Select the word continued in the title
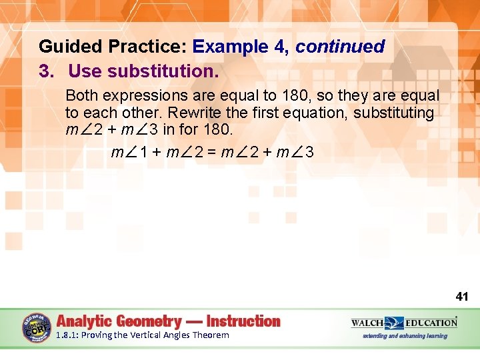[x=340, y=47]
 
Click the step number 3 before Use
[x=45, y=70]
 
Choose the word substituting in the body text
[x=393, y=113]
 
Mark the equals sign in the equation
[x=212, y=153]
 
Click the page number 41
[x=462, y=296]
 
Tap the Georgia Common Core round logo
[x=36, y=327]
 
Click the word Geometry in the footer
[x=149, y=321]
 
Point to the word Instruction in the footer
[x=243, y=321]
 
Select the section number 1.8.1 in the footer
[x=67, y=335]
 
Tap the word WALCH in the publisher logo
[x=367, y=323]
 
